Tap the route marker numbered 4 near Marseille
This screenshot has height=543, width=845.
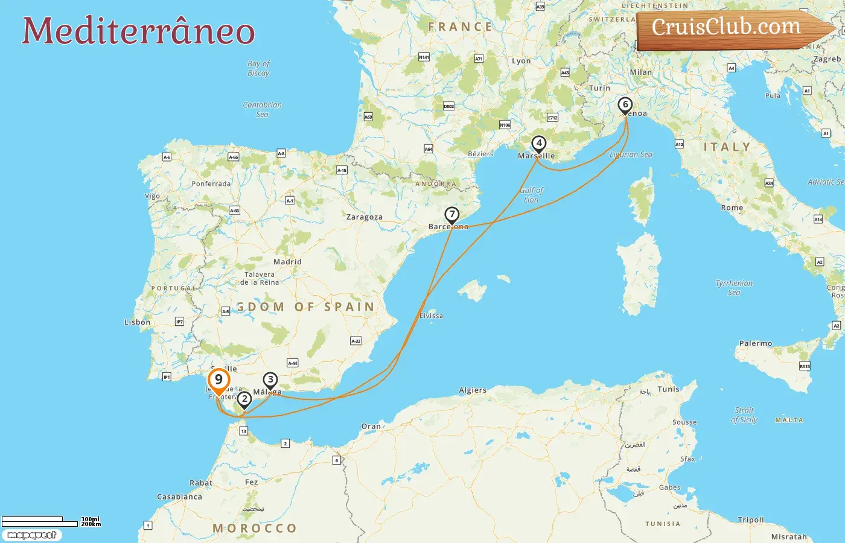538,144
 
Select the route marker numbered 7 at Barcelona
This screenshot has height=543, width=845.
451,215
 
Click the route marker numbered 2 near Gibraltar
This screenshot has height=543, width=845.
244,399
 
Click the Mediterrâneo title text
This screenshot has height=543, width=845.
138,31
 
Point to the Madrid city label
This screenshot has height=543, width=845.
287,262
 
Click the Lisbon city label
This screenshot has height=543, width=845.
138,322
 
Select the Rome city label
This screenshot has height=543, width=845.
732,208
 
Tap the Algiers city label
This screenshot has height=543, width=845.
473,390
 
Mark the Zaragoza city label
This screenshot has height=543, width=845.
365,217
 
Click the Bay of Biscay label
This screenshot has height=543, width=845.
258,68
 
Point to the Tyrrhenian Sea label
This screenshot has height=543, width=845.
734,288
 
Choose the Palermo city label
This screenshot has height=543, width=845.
756,343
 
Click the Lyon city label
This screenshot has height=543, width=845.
521,61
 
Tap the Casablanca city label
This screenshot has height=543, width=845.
179,497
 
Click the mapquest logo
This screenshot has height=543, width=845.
32,535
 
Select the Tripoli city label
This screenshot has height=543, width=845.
751,519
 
